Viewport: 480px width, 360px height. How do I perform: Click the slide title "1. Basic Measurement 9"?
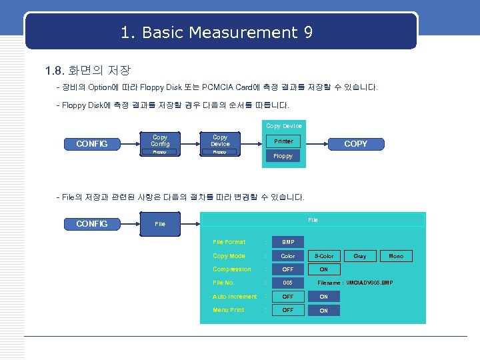[x=217, y=32]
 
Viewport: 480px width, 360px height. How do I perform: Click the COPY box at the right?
[x=355, y=143]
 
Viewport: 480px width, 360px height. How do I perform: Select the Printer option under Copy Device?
[x=283, y=141]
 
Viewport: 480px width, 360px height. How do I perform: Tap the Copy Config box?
[x=160, y=140]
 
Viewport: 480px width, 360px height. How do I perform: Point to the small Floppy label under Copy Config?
[x=160, y=152]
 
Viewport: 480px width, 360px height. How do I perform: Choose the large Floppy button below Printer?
[x=283, y=156]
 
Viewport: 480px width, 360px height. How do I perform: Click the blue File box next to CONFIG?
[x=160, y=224]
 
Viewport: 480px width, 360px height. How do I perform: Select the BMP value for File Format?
[x=288, y=242]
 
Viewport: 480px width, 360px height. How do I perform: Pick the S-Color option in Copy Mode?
[x=324, y=256]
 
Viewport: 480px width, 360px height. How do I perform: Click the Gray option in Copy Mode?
[x=360, y=256]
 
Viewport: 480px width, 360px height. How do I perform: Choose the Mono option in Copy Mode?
[x=396, y=256]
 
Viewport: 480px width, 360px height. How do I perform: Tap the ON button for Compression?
[x=324, y=269]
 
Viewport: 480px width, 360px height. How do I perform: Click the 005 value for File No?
[x=288, y=283]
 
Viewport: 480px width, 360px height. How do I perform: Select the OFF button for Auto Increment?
[x=288, y=297]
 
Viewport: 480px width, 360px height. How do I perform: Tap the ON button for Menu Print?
[x=324, y=310]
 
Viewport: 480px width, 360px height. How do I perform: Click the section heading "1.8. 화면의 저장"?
[x=87, y=70]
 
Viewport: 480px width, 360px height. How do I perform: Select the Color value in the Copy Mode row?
[x=288, y=256]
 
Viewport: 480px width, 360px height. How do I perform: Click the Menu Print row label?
[x=228, y=310]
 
